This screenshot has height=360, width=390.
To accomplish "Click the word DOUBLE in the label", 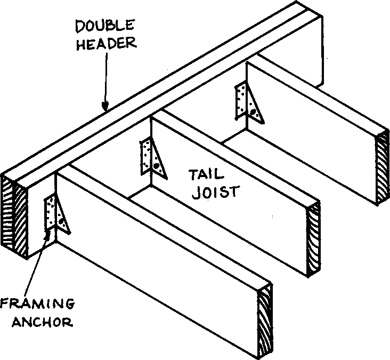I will [x=104, y=25].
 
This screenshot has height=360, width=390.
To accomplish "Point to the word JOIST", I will [x=212, y=191].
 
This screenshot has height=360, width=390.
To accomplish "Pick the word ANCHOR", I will [x=37, y=322].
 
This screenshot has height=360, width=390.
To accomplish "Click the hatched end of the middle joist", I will [x=313, y=240].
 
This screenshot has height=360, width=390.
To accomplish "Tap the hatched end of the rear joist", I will [x=383, y=168].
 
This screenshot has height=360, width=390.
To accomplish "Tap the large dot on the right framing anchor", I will [x=257, y=112].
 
